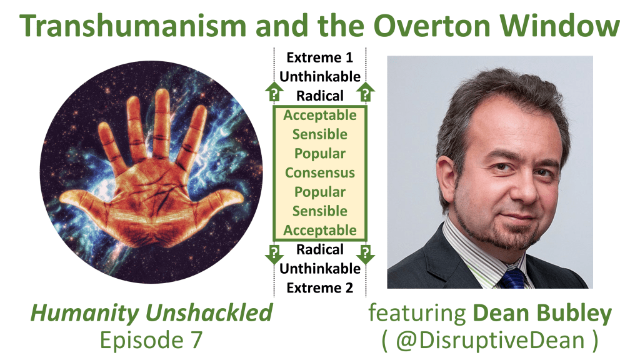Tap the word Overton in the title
point(432,25)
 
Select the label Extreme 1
point(320,57)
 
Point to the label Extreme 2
point(320,287)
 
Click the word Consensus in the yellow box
point(320,172)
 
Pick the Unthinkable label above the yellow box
point(320,77)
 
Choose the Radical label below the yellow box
point(320,249)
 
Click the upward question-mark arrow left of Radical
point(274,91)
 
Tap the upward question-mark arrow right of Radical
point(366,91)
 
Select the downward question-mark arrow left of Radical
point(274,254)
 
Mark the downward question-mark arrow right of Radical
point(366,254)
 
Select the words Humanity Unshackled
point(151,314)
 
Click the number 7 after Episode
point(196,340)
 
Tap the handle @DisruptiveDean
point(490,341)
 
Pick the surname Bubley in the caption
point(574,314)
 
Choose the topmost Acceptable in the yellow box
point(320,115)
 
